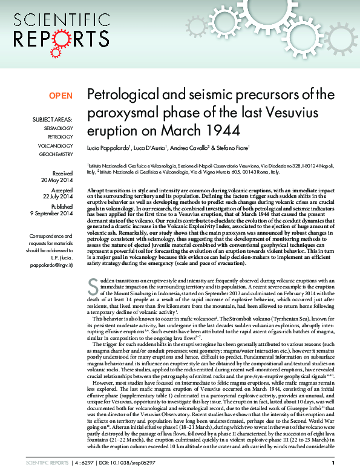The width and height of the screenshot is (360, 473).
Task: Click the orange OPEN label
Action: pyautogui.click(x=61, y=96)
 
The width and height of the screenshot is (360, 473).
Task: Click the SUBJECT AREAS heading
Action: pyautogui.click(x=53, y=120)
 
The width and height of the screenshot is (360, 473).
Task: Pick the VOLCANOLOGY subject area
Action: pyautogui.click(x=57, y=146)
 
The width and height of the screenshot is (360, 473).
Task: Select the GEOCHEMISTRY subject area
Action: pyautogui.click(x=56, y=154)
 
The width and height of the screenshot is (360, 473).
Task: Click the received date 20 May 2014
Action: pyautogui.click(x=57, y=180)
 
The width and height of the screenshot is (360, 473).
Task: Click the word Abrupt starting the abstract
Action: pyautogui.click(x=97, y=190)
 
